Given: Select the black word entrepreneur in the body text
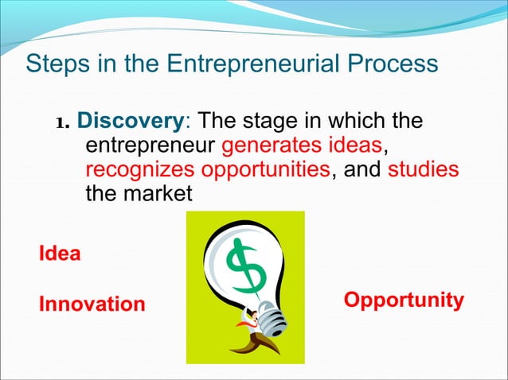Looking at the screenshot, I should (150, 147).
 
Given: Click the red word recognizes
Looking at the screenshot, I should (140, 170).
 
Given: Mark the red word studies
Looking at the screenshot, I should (424, 170).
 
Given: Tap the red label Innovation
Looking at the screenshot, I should (92, 304).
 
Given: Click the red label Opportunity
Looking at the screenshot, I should (403, 300).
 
